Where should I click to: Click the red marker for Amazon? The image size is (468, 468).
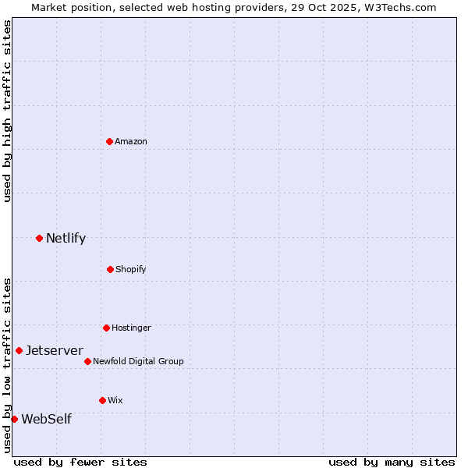click(x=110, y=141)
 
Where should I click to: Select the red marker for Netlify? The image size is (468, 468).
click(x=39, y=238)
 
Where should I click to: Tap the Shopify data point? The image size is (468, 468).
click(x=110, y=269)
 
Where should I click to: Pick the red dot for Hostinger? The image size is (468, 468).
click(x=106, y=328)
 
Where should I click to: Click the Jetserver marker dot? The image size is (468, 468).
click(x=19, y=350)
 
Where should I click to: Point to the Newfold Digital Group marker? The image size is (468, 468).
click(x=87, y=361)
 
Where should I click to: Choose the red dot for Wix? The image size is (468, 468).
click(x=102, y=400)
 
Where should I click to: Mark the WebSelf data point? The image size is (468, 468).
click(x=14, y=419)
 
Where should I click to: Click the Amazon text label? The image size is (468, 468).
click(x=131, y=141)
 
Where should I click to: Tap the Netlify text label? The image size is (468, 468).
click(x=66, y=238)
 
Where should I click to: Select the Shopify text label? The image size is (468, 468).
click(x=131, y=269)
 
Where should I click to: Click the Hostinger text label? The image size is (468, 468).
click(x=131, y=328)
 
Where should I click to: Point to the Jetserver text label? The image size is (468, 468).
click(x=55, y=350)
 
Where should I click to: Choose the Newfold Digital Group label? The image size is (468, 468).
click(x=138, y=361)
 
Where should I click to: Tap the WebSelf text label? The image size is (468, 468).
click(x=46, y=419)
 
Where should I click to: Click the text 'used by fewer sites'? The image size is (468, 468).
click(x=80, y=462)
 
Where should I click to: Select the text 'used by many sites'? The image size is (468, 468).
click(x=392, y=462)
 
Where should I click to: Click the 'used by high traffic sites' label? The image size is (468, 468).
click(x=7, y=111)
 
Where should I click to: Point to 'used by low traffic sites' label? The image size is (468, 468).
click(x=7, y=364)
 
